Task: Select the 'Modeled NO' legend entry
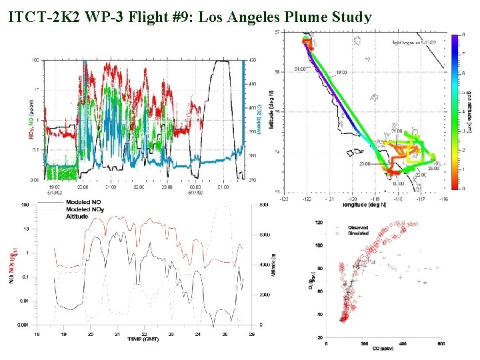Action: click(x=83, y=201)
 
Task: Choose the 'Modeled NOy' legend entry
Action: click(x=85, y=209)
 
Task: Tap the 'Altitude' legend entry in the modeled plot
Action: click(x=77, y=217)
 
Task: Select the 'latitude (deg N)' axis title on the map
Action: click(x=273, y=111)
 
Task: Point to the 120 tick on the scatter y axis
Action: click(x=320, y=223)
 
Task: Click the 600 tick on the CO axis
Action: click(x=440, y=344)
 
